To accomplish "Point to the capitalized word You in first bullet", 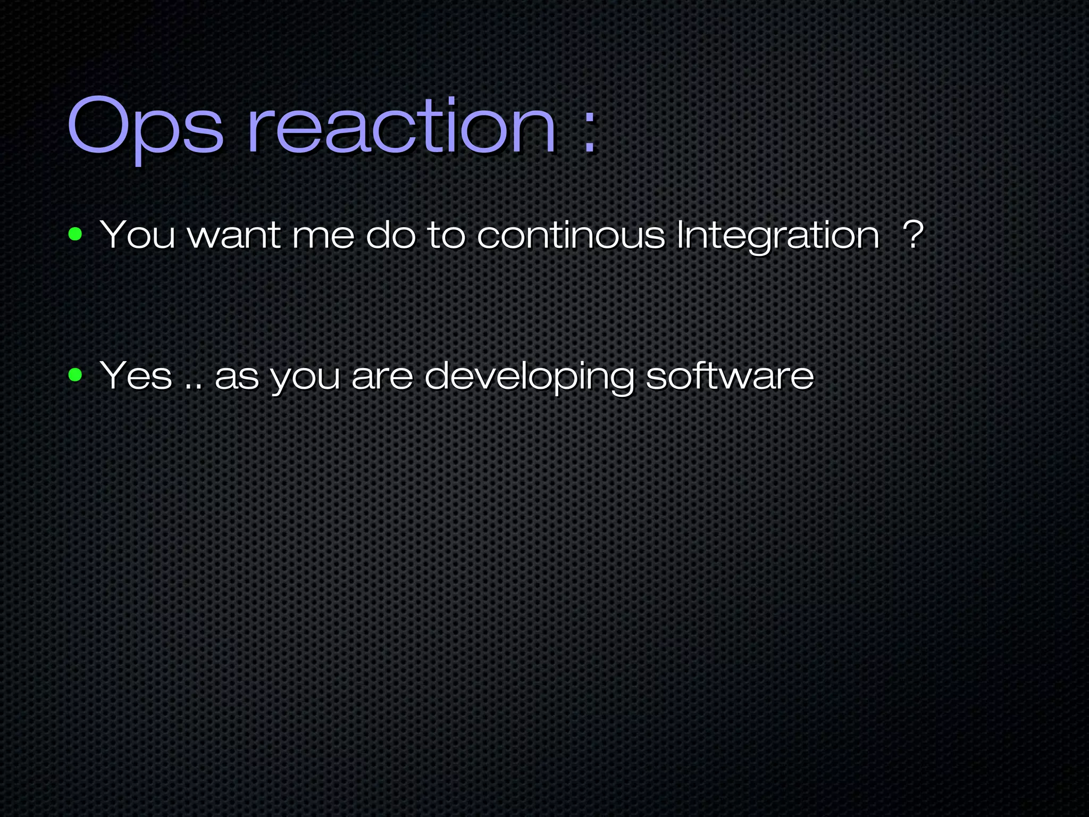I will (x=137, y=235).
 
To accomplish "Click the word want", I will (x=234, y=236).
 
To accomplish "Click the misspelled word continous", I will (x=571, y=236).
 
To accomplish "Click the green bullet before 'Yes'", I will (x=76, y=375).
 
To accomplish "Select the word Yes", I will (x=136, y=376).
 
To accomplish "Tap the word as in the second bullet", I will (x=237, y=378).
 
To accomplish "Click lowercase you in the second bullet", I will (x=305, y=379).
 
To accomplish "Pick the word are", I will (x=382, y=378).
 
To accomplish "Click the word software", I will (x=730, y=376).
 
